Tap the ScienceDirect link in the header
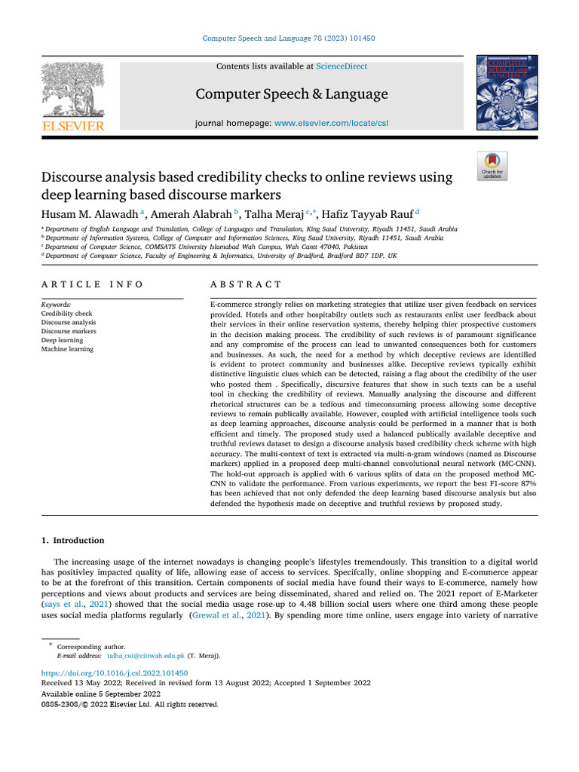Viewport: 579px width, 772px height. (x=342, y=66)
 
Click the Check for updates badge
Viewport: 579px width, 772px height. (x=494, y=166)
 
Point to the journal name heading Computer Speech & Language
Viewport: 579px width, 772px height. (x=292, y=94)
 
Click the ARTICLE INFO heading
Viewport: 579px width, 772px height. (x=93, y=284)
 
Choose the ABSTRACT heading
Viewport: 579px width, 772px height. (x=246, y=284)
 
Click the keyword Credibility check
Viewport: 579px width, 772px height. (x=67, y=314)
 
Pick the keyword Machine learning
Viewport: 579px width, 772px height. (x=68, y=350)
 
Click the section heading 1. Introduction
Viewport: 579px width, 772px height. (x=72, y=541)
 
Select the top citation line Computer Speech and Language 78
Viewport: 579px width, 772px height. (x=289, y=38)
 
